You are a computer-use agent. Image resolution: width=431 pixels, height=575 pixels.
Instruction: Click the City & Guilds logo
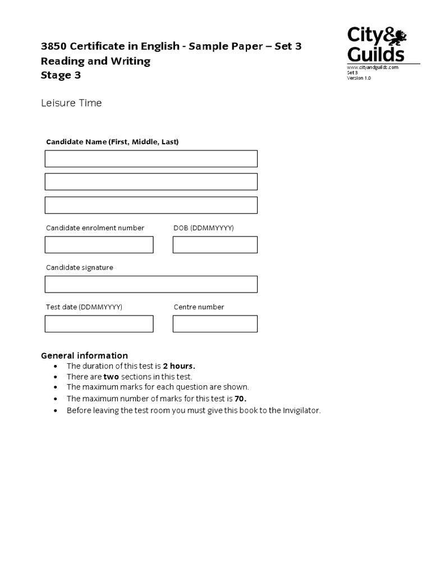[375, 44]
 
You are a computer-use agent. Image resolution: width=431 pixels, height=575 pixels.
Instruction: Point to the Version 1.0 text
[359, 78]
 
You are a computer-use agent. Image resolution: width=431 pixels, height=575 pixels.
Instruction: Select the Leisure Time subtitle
[71, 103]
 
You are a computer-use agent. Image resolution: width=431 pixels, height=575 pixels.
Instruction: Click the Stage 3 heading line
[61, 75]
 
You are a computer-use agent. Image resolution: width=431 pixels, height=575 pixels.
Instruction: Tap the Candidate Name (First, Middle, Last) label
[112, 142]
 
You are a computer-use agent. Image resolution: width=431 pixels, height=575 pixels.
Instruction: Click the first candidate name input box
[151, 158]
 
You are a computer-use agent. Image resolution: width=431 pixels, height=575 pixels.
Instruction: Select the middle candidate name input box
[151, 181]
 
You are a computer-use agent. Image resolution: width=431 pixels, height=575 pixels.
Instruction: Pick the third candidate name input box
[151, 205]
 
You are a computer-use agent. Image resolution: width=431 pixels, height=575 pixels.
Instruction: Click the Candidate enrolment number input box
[99, 245]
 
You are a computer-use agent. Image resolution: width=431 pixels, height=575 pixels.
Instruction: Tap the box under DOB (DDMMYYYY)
[215, 245]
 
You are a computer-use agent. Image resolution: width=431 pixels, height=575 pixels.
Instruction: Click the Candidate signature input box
[151, 284]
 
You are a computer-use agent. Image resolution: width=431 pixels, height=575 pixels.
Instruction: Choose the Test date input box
[99, 324]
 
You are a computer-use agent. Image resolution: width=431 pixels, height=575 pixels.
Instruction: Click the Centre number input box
[215, 324]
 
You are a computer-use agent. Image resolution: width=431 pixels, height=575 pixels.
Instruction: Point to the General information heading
[85, 355]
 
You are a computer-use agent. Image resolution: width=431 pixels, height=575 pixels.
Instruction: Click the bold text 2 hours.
[179, 366]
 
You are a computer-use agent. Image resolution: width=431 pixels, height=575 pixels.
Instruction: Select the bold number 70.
[241, 399]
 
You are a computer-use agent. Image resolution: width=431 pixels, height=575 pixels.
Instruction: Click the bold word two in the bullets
[111, 377]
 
